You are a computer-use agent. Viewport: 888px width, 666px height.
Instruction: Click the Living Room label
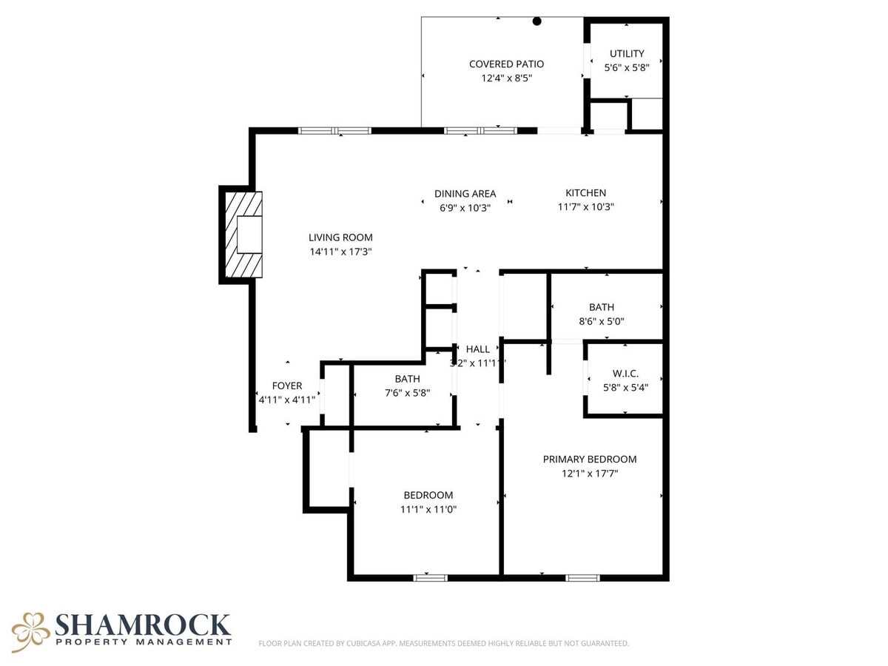(x=340, y=238)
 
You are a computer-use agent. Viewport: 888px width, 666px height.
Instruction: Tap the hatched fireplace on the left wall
(x=243, y=234)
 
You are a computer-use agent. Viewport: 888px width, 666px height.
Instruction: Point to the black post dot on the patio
(x=537, y=21)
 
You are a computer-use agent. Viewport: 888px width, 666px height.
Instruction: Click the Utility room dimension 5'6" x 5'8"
(x=627, y=67)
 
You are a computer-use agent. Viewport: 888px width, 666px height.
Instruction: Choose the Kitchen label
(x=585, y=193)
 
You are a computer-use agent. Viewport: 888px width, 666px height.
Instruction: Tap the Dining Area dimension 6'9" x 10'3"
(x=465, y=207)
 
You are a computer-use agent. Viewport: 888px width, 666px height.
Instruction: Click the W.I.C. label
(x=625, y=374)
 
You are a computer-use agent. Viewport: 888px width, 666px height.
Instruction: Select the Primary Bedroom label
(x=589, y=459)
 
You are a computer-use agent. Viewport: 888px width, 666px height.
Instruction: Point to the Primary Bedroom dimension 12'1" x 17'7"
(x=589, y=473)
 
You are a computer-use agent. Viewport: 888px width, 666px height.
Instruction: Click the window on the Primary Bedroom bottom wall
(x=582, y=577)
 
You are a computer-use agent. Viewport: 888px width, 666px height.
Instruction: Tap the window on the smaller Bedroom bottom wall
(x=430, y=577)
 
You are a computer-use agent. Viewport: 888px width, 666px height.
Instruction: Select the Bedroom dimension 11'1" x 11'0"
(x=428, y=509)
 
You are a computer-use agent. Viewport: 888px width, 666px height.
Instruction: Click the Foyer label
(x=286, y=386)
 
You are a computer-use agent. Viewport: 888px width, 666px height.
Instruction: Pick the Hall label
(x=477, y=349)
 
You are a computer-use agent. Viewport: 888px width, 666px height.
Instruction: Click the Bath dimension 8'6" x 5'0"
(x=601, y=321)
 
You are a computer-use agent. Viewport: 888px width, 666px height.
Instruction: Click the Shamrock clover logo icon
(x=30, y=631)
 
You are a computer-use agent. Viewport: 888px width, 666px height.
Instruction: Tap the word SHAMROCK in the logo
(x=143, y=625)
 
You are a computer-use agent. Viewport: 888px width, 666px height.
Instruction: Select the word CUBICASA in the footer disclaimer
(x=365, y=644)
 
